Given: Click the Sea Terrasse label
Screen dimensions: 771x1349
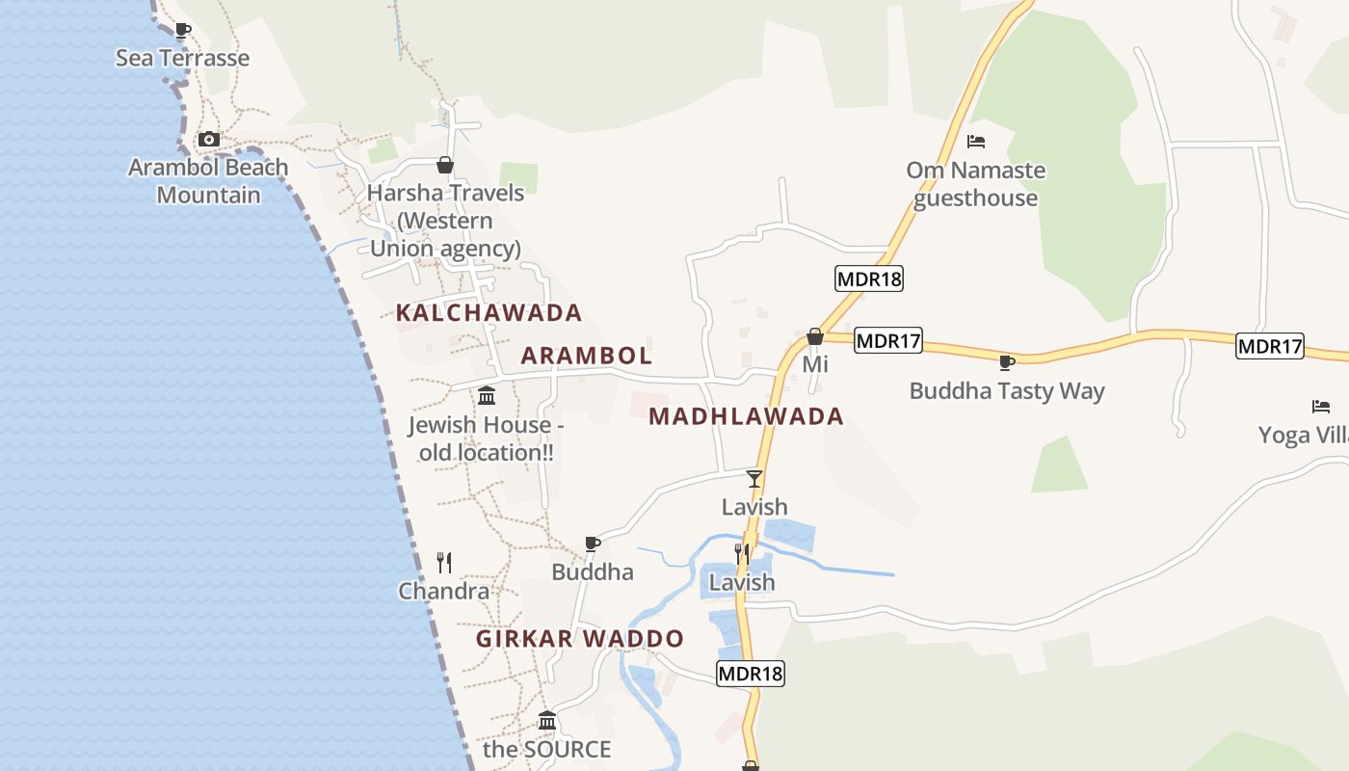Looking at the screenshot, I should [182, 58].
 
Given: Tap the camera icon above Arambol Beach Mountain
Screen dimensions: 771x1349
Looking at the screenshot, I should [208, 139].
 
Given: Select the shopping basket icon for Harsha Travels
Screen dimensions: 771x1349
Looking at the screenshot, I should [444, 165].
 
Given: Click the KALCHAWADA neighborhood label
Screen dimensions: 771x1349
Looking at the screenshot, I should [489, 312].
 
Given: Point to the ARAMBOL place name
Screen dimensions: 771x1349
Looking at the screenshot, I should [586, 356].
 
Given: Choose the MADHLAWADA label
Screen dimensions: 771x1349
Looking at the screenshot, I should [746, 416].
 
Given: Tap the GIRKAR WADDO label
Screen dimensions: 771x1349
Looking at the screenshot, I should [580, 638].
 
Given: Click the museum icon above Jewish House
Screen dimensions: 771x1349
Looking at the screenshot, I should [487, 395].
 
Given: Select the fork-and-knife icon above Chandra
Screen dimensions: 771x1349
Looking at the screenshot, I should [444, 562].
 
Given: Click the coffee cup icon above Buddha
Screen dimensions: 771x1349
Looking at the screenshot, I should [593, 544].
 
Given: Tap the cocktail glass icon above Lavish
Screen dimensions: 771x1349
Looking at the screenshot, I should [754, 478].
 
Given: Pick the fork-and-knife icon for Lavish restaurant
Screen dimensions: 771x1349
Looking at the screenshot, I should [742, 553].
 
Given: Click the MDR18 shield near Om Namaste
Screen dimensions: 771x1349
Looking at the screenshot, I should [868, 279].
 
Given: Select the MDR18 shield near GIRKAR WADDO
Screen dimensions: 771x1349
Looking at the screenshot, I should [751, 674].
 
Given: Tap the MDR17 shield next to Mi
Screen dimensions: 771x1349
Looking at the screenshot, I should [887, 340].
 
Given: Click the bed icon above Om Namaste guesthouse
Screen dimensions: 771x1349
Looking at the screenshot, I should [976, 142].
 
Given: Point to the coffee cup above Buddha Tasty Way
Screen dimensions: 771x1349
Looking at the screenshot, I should [1006, 362].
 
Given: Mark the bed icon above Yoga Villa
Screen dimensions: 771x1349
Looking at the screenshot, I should [1320, 407].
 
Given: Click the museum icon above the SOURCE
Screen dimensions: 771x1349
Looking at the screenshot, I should [547, 720].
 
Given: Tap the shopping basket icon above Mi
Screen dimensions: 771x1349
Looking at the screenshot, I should [815, 336].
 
